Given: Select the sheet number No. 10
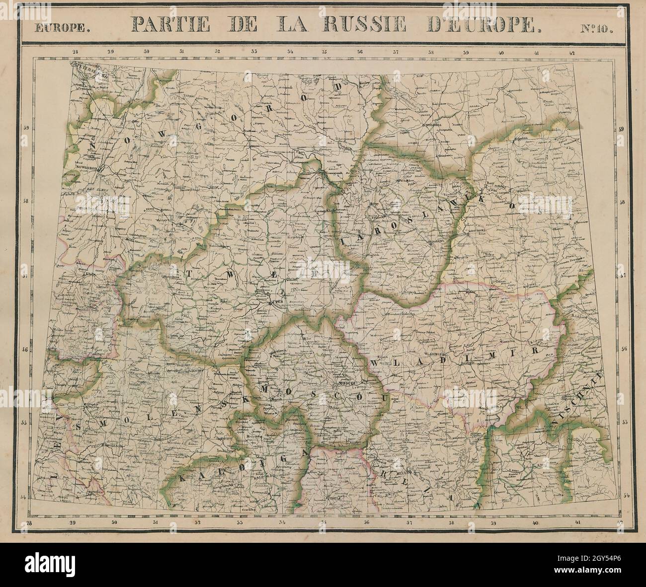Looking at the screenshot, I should pos(596,27).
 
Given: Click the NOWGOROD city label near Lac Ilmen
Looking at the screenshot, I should pos(89,168).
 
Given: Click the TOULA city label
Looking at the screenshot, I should pos(325,496).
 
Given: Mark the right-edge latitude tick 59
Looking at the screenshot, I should pos(620,129).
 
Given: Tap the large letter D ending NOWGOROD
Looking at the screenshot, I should pos(339,87).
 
